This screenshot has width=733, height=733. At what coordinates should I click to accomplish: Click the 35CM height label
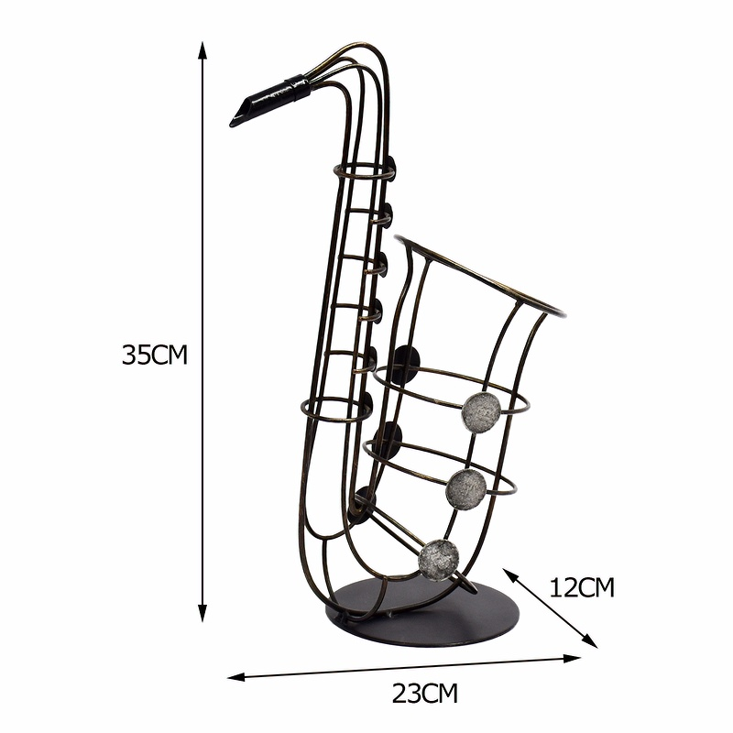click(154, 355)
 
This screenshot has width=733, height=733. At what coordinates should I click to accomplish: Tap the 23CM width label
click(424, 694)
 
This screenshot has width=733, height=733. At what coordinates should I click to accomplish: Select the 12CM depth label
click(581, 587)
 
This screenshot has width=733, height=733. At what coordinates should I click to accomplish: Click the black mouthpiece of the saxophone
click(262, 104)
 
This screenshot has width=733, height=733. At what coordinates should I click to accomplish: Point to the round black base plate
click(423, 612)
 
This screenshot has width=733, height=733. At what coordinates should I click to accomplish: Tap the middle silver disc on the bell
click(466, 489)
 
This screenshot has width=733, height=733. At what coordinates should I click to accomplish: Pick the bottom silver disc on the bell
click(439, 560)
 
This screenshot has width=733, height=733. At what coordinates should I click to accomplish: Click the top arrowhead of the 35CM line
click(202, 50)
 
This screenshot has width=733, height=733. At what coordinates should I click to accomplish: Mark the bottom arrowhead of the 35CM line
click(202, 612)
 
